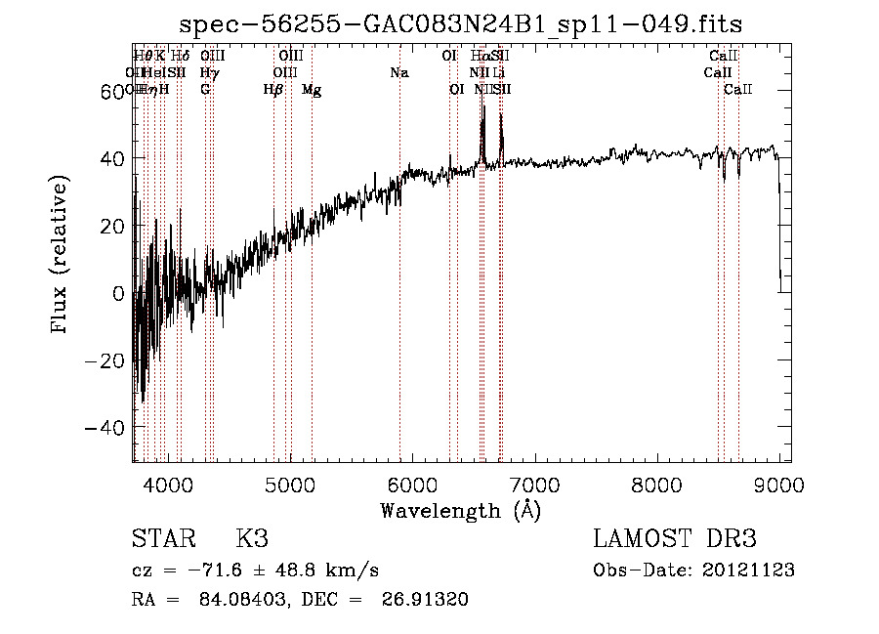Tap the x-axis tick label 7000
[x=534, y=484]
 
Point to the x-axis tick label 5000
[x=290, y=484]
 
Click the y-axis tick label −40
[x=104, y=428]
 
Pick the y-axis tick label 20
[x=109, y=226]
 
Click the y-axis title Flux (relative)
[x=61, y=254]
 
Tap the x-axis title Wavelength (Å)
[x=460, y=510]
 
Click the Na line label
[x=398, y=73]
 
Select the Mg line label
[x=312, y=90]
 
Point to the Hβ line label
[x=272, y=90]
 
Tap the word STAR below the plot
[x=162, y=538]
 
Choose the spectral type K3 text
[x=252, y=538]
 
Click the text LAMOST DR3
[x=675, y=538]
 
